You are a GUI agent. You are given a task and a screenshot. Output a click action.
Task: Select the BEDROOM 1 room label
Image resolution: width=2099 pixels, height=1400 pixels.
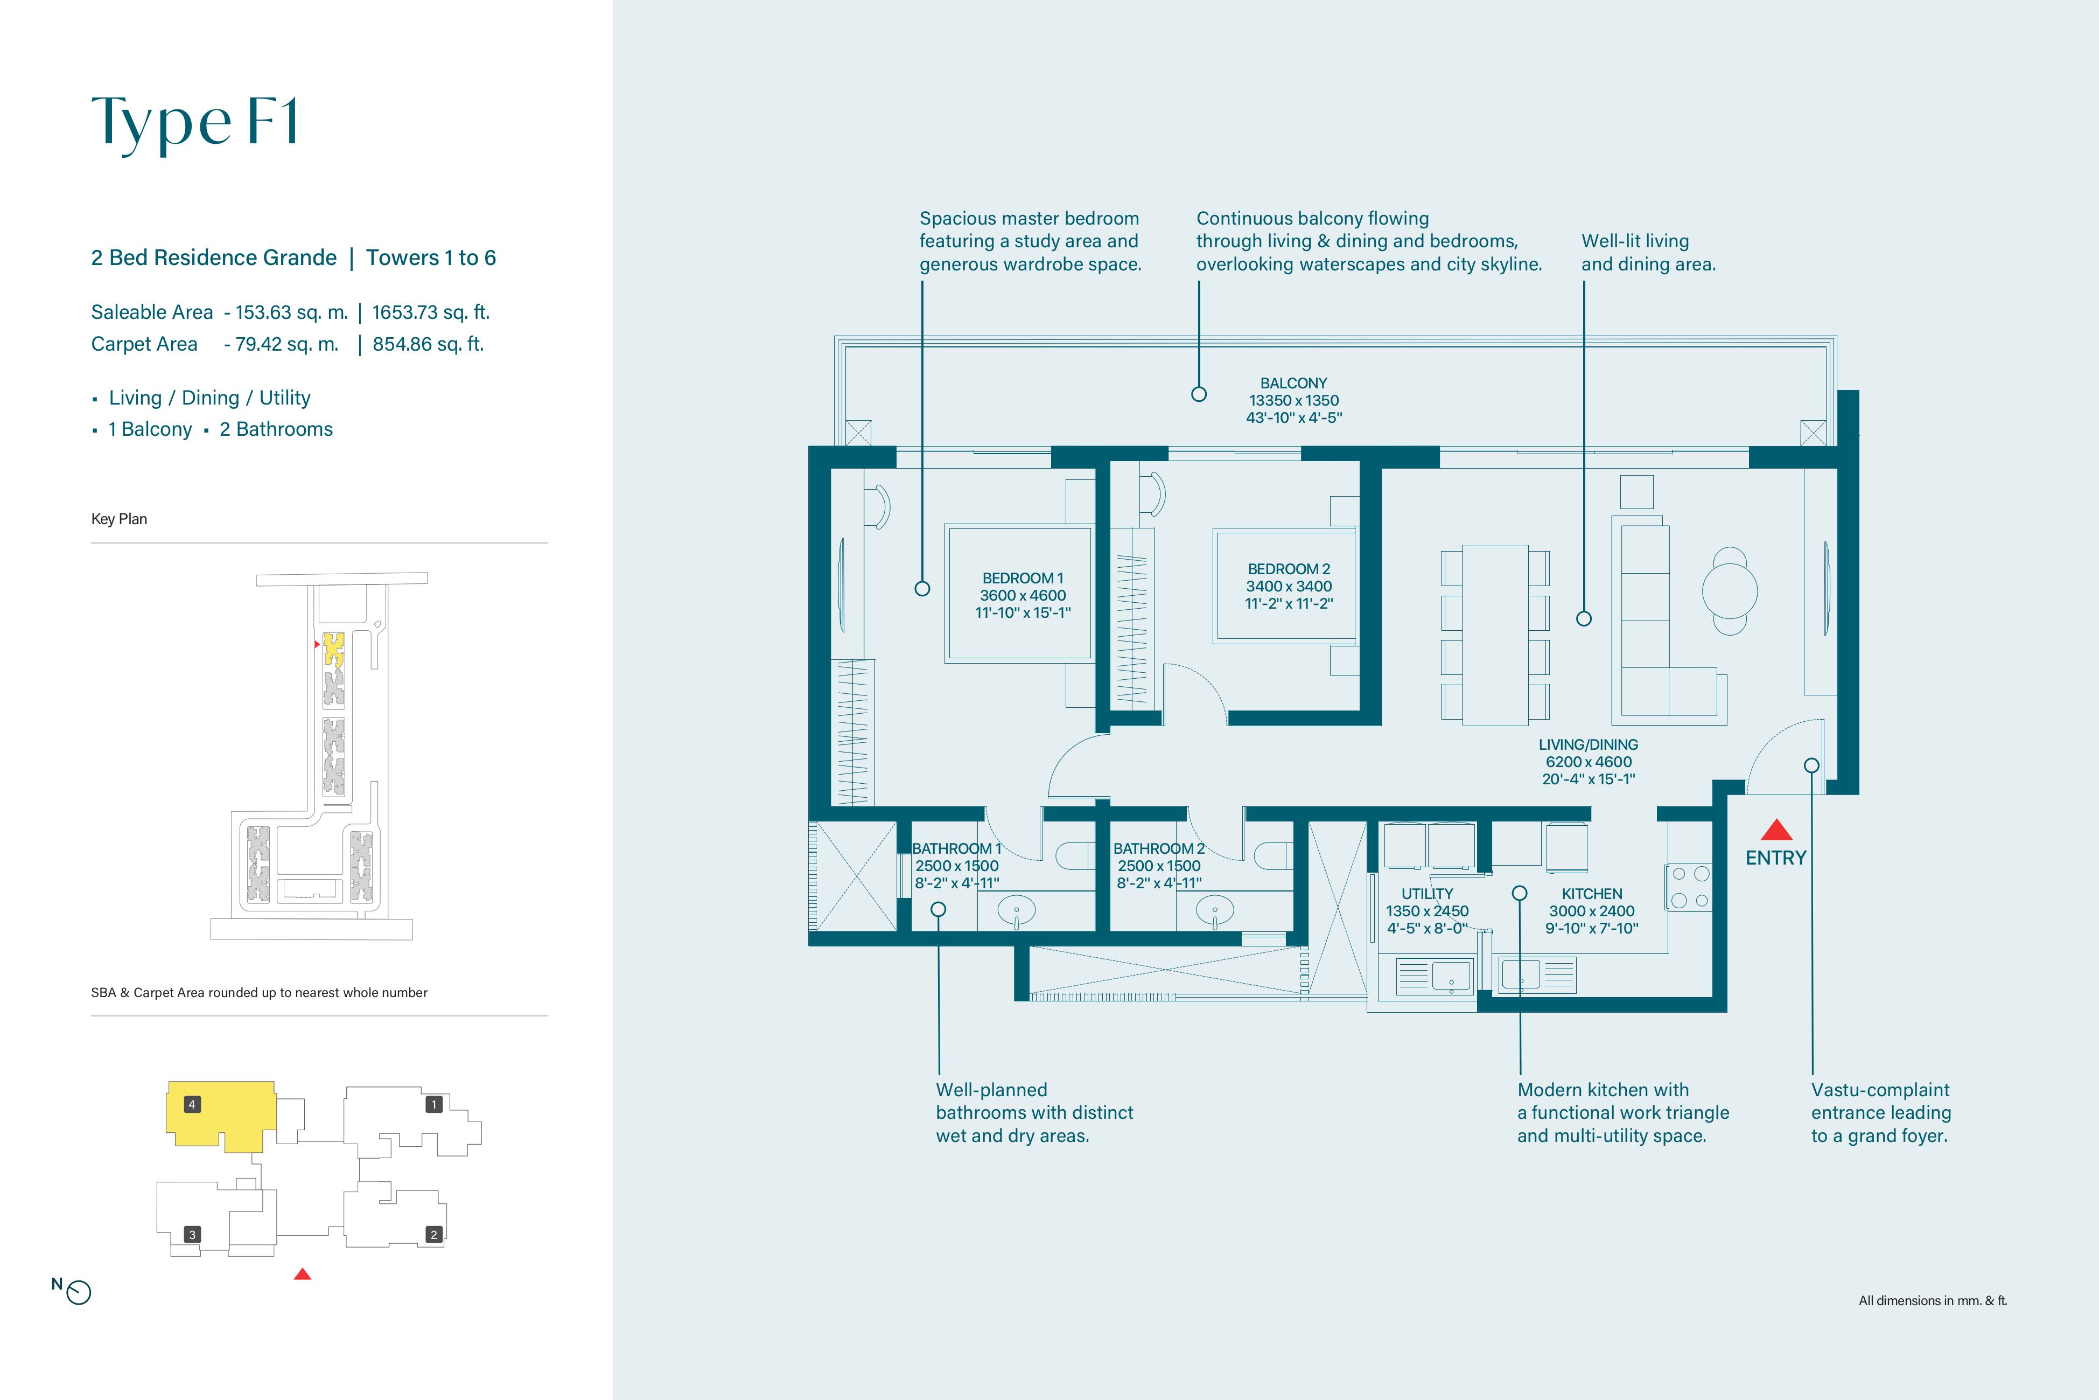click(1023, 577)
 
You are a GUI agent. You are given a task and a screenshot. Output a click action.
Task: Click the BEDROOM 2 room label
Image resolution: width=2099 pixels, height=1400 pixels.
click(1289, 569)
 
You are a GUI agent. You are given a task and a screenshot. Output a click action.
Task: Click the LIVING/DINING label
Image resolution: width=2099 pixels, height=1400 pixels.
click(1589, 744)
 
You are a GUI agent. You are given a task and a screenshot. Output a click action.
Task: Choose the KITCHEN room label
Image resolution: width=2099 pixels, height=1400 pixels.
click(1592, 894)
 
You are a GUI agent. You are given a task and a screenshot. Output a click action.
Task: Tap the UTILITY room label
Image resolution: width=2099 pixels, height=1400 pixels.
click(1427, 894)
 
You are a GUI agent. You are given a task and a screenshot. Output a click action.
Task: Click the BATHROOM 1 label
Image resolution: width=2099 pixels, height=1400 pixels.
click(957, 848)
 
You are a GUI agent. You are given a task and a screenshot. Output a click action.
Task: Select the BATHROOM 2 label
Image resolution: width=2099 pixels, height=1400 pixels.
click(1159, 848)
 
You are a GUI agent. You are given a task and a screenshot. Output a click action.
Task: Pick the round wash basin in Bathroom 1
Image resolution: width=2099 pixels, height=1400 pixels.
click(1016, 911)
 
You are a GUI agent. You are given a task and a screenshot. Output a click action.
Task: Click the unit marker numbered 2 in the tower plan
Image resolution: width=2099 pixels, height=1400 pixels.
click(433, 1235)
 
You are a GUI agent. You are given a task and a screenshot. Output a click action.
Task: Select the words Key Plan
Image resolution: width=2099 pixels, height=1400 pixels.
click(118, 519)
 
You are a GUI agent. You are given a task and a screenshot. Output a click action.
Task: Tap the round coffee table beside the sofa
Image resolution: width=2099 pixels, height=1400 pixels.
click(1730, 591)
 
